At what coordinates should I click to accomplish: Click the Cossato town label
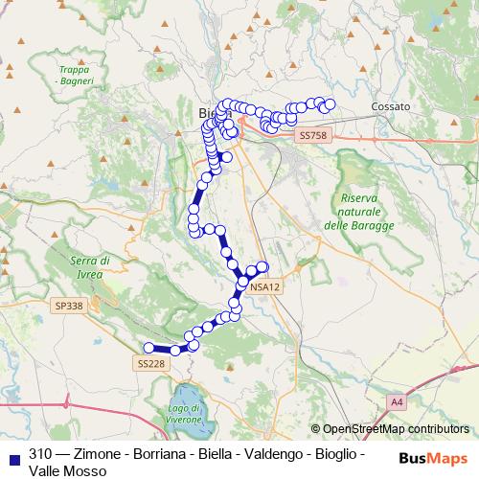click(x=390, y=106)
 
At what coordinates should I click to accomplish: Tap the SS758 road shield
click(x=312, y=136)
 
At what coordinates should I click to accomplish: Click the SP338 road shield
click(x=69, y=306)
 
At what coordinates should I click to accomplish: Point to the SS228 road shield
click(x=150, y=363)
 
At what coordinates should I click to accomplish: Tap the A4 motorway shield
click(x=397, y=399)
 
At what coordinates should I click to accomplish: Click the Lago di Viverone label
click(x=185, y=415)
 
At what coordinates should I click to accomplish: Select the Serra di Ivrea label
click(x=91, y=267)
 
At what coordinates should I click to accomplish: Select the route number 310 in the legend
click(x=40, y=453)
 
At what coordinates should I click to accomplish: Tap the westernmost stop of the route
click(x=148, y=348)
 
